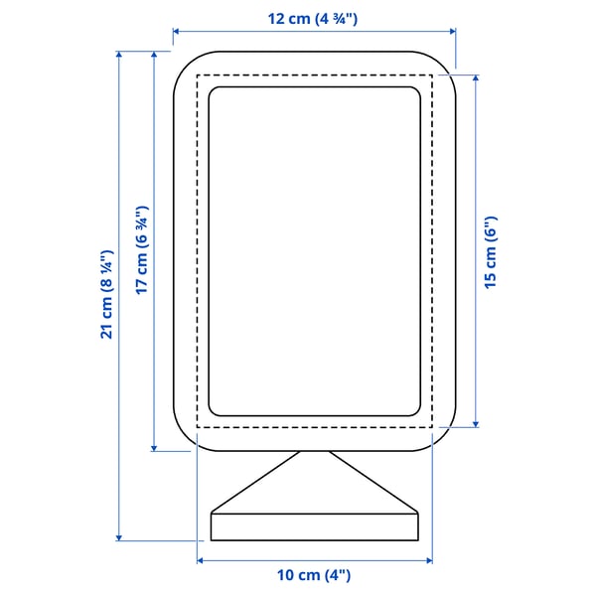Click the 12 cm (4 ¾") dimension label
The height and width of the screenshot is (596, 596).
pyautogui.click(x=314, y=19)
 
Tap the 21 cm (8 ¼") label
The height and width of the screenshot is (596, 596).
pyautogui.click(x=106, y=296)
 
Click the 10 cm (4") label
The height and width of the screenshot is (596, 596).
pyautogui.click(x=314, y=575)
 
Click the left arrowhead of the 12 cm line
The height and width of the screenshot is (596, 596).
pyautogui.click(x=176, y=33)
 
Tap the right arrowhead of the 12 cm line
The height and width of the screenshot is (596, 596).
pyautogui.click(x=453, y=33)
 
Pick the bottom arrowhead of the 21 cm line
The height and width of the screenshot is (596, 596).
pyautogui.click(x=120, y=537)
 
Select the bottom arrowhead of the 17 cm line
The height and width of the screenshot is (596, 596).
pyautogui.click(x=154, y=448)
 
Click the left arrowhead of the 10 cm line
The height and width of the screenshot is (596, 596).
pyautogui.click(x=200, y=560)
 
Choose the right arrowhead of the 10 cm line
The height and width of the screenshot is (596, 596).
pyautogui.click(x=429, y=560)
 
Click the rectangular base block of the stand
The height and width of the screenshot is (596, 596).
pyautogui.click(x=314, y=526)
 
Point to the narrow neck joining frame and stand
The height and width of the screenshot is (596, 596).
pyautogui.click(x=314, y=455)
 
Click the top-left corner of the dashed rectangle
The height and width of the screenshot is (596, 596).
pyautogui.click(x=198, y=74)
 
